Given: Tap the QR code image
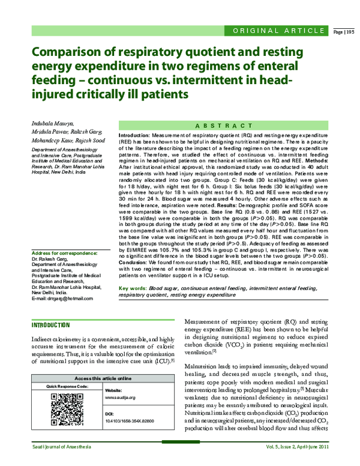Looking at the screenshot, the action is [x=62, y=407].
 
